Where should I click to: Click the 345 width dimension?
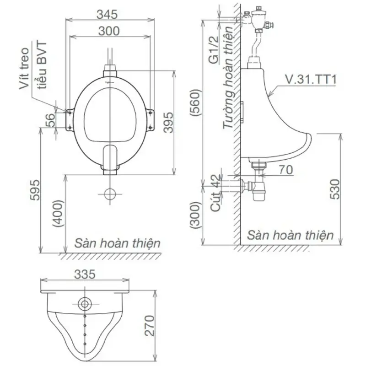click(x=107, y=15)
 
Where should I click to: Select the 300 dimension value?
click(x=109, y=31)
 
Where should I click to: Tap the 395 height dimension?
click(x=168, y=123)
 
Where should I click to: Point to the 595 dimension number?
click(x=35, y=190)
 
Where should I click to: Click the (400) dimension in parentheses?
click(x=58, y=214)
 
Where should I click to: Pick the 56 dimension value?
click(x=50, y=120)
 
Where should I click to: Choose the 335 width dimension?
click(x=85, y=274)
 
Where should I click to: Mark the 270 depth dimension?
click(x=150, y=325)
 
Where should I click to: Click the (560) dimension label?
click(x=196, y=102)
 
